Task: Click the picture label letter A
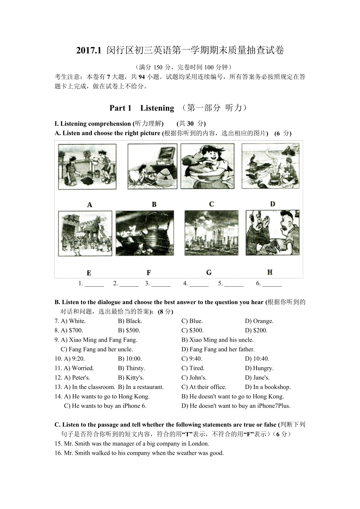coord(89,205)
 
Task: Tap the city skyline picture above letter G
coord(211,234)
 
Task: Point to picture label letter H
coord(270,272)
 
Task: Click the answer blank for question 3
coord(161,284)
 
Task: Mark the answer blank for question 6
coord(272,284)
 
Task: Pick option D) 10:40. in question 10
coord(257,359)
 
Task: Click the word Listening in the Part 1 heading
coord(157,108)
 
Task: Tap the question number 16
coord(58,453)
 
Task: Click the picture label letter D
coord(272,204)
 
